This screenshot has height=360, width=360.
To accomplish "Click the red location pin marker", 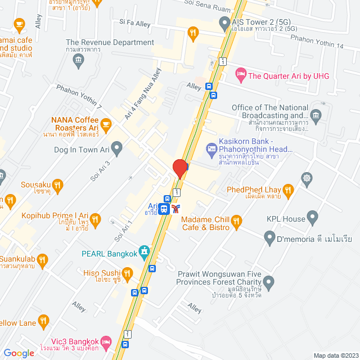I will (179, 168).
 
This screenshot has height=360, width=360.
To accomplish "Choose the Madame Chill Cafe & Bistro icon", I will (237, 220).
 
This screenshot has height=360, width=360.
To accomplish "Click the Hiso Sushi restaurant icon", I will (127, 274).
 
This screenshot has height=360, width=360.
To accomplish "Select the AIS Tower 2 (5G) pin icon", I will (223, 24).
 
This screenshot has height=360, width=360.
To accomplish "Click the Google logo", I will (19, 353).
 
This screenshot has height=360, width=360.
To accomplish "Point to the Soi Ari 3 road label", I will (100, 169).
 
